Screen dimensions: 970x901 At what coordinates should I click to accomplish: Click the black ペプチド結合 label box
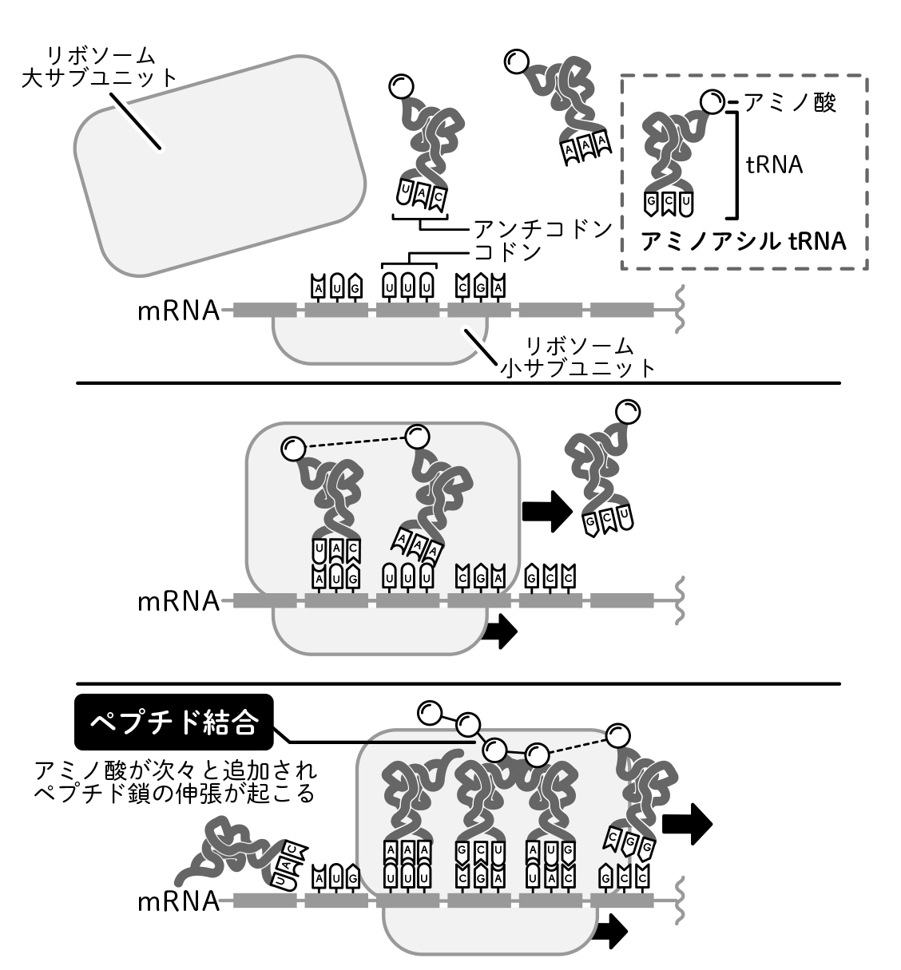(174, 724)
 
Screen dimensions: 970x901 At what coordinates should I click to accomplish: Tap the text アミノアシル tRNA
(744, 240)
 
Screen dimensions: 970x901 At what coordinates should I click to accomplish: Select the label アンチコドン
(542, 228)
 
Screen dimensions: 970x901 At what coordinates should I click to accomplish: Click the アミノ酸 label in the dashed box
(790, 102)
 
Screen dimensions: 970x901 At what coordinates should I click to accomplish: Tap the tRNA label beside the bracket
(774, 164)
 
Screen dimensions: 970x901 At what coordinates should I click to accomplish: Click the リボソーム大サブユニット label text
(100, 66)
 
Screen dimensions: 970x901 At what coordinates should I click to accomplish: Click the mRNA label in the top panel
(177, 310)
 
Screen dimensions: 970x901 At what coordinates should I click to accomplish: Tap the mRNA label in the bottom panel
(177, 901)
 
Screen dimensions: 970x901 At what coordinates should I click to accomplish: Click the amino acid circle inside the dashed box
(710, 101)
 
